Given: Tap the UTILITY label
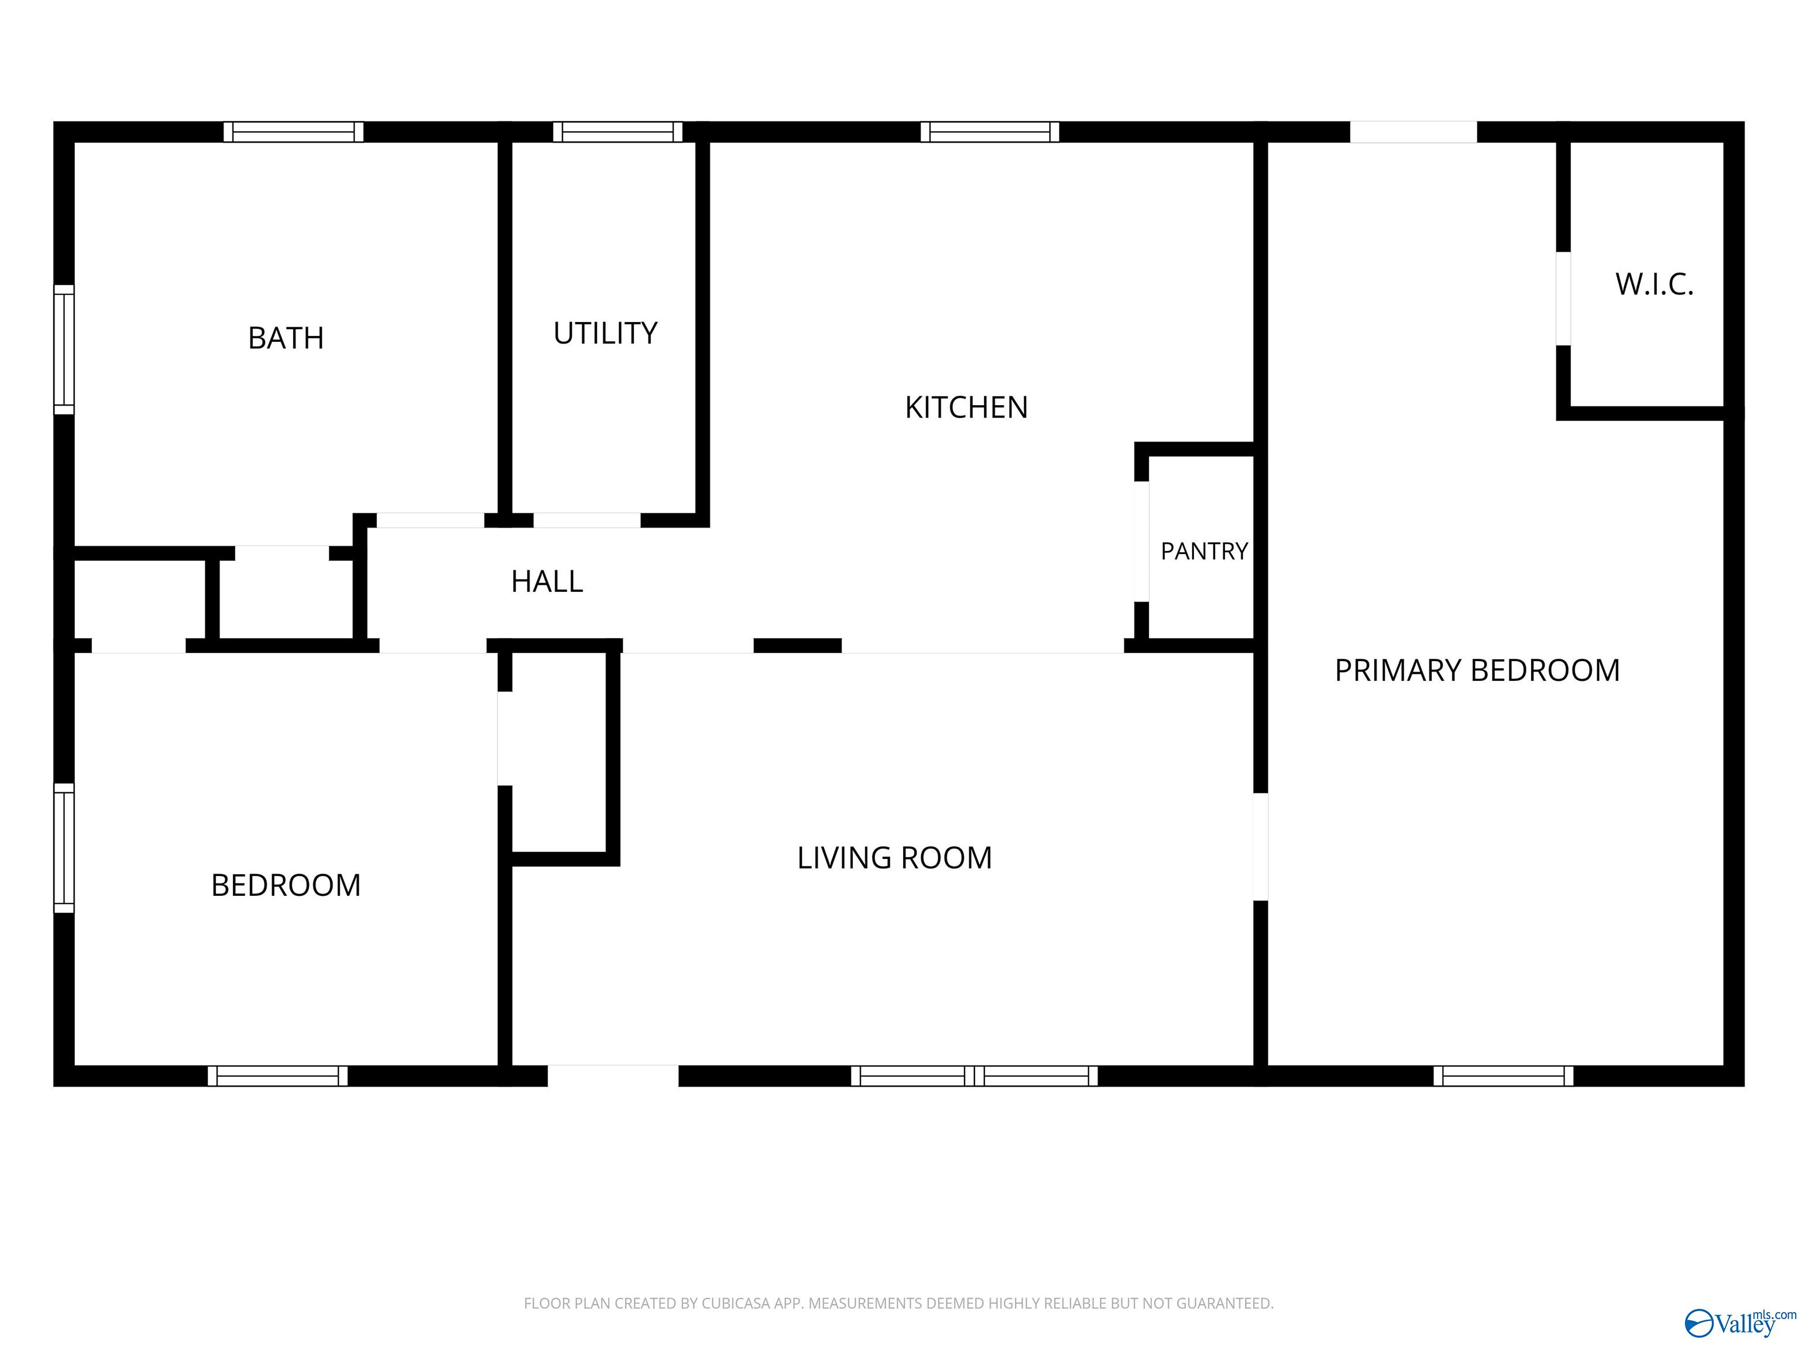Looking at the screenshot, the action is [x=606, y=333].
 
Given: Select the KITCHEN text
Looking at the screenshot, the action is [x=966, y=406].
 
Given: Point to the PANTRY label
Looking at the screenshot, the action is [x=1204, y=552].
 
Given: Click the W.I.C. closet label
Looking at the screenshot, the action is [x=1654, y=284].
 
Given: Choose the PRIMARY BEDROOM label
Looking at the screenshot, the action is [x=1477, y=670].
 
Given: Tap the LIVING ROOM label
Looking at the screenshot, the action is [x=894, y=858].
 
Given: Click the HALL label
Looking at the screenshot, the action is [x=547, y=581].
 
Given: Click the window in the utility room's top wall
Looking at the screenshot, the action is [x=617, y=132].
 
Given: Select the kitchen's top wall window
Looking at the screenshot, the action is [x=990, y=132].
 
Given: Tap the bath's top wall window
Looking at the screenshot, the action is [x=293, y=132].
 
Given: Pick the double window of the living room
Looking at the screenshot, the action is [x=975, y=1076].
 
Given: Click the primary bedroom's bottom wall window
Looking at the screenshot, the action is [x=1503, y=1076].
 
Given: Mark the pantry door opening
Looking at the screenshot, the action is [x=1141, y=542].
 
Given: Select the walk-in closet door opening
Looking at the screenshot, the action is [x=1563, y=299].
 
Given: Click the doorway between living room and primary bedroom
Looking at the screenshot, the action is [x=1261, y=847].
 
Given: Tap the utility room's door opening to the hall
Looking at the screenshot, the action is [x=587, y=521].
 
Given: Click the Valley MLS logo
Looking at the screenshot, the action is [x=1740, y=1323].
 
